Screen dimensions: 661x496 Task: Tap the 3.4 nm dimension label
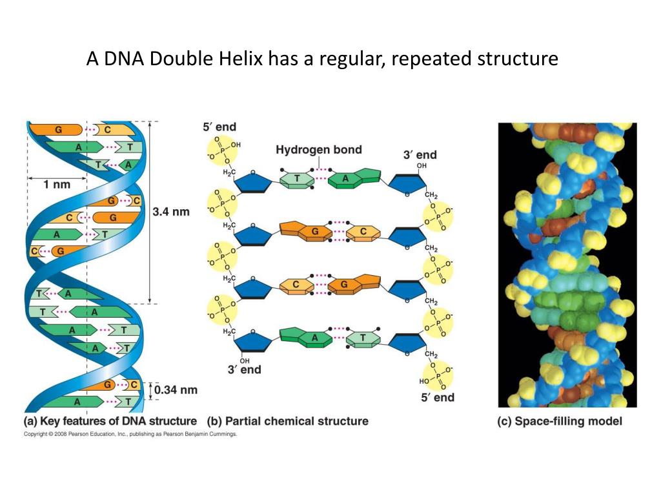(x=171, y=211)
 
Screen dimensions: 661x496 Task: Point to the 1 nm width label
(x=57, y=184)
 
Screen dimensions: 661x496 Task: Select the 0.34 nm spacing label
(x=175, y=389)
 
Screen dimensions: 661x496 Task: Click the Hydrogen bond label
(x=319, y=150)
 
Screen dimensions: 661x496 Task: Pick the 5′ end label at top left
(x=219, y=128)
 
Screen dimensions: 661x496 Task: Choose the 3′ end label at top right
(x=420, y=155)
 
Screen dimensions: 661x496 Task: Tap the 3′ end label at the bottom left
(x=244, y=369)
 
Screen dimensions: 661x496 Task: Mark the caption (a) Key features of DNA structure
(x=110, y=421)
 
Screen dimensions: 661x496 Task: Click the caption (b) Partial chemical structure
(x=288, y=421)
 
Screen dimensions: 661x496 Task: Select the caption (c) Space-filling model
(x=559, y=421)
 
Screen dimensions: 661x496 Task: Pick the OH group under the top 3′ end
(x=422, y=166)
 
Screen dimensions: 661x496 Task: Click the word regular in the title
(x=345, y=59)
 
